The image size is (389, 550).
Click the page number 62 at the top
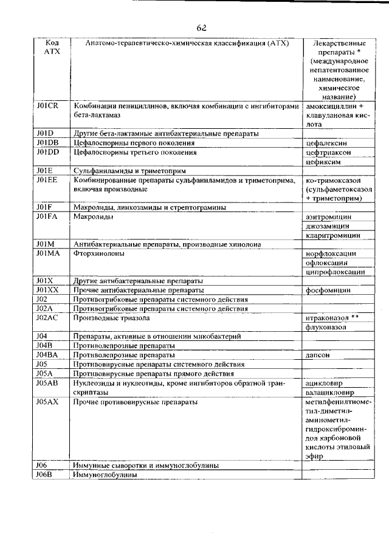[202, 28]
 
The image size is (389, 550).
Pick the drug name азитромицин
[329, 216]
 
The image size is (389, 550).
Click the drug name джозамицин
[328, 225]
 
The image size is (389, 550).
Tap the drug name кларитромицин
[331, 235]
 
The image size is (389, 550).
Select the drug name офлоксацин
[329, 263]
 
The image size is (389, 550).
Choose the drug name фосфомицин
[328, 290]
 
